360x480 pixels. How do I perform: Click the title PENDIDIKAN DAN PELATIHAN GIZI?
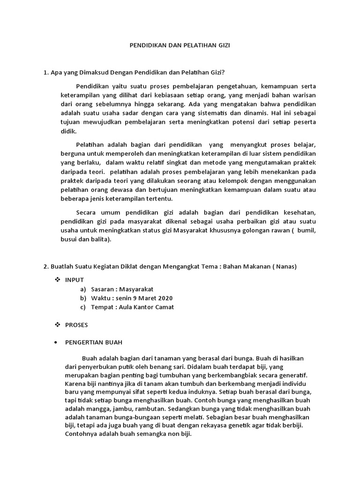pyautogui.click(x=180, y=45)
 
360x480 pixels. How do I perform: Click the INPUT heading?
pyautogui.click(x=75, y=280)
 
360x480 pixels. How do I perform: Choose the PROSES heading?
pyautogui.click(x=76, y=324)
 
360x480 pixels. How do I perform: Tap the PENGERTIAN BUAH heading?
pyautogui.click(x=94, y=342)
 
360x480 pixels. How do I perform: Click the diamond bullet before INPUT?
pyautogui.click(x=58, y=280)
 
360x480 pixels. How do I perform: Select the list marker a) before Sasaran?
pyautogui.click(x=83, y=289)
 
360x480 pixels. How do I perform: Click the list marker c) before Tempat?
pyautogui.click(x=83, y=307)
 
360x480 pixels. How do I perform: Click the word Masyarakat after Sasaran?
pyautogui.click(x=136, y=289)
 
